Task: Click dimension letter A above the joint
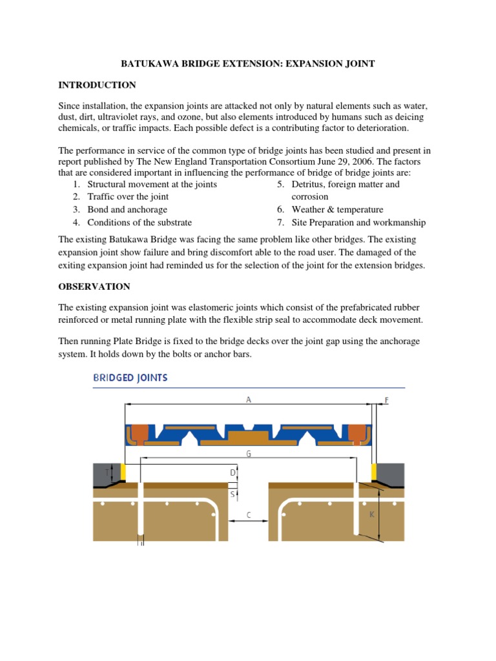(248, 400)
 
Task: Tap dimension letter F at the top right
(387, 400)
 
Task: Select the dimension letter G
(248, 454)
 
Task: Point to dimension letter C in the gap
(248, 514)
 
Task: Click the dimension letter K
(371, 514)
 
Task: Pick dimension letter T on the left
(108, 473)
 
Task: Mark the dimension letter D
(232, 473)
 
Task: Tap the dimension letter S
(232, 494)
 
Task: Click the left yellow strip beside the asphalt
(123, 473)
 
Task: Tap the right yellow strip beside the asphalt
(373, 473)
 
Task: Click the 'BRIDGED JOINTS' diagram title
(130, 378)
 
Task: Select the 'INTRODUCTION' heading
(97, 85)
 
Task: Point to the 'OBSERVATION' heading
(94, 287)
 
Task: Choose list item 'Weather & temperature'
(337, 210)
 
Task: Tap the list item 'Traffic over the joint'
(128, 197)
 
